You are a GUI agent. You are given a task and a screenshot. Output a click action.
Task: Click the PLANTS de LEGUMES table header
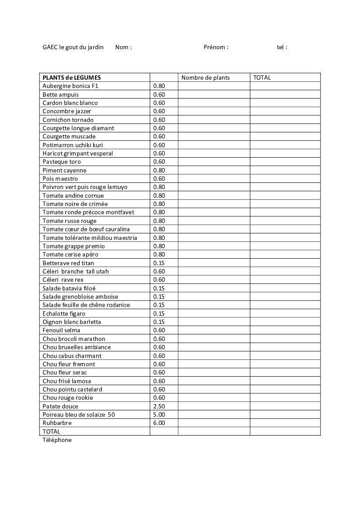71,78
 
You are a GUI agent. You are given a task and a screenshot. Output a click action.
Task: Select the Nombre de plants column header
205,78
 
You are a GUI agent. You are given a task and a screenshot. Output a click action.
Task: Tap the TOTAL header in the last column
262,78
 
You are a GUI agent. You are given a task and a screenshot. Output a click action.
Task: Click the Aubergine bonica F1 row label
71,86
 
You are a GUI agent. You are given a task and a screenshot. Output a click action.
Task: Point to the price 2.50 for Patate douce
159,406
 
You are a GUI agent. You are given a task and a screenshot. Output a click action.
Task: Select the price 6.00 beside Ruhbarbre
159,423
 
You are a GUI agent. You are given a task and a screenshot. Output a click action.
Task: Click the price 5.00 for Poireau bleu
159,415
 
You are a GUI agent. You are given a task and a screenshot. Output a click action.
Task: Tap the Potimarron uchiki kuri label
73,145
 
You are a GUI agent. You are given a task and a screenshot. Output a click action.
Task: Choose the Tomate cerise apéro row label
71,254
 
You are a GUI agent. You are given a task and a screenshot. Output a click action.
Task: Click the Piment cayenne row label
64,170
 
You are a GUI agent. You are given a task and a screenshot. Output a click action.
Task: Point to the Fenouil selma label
61,330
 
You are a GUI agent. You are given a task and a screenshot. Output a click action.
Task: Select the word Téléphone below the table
57,440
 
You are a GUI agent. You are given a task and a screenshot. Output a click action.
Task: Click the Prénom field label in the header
216,47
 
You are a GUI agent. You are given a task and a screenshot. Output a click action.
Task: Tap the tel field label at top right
282,47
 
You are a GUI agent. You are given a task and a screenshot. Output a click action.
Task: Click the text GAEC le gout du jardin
73,47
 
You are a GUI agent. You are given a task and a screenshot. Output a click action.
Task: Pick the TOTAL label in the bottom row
51,431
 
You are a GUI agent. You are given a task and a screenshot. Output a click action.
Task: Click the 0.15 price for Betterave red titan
159,263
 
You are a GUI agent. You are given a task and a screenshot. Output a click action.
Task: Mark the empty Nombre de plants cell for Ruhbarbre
214,423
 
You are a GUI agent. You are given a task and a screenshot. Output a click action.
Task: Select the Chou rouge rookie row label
68,398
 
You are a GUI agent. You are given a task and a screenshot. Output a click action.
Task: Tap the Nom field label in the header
124,47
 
